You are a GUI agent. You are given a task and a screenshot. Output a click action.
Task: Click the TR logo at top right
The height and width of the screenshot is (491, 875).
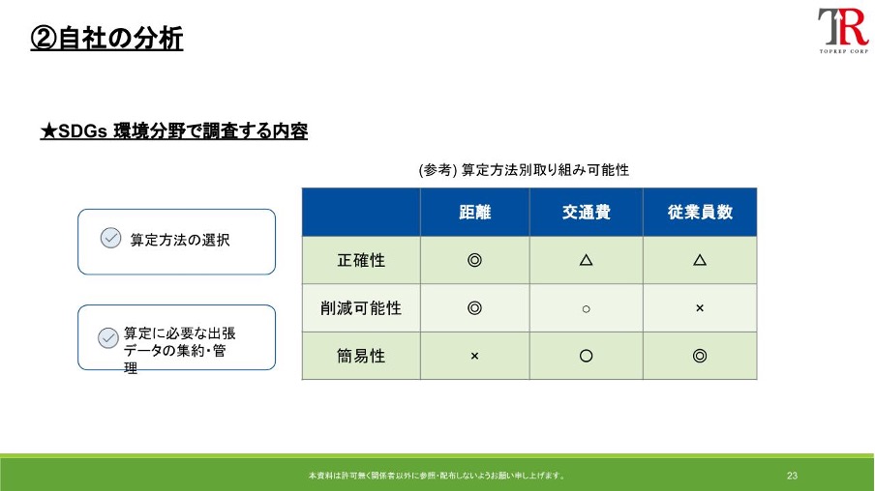tap(843, 30)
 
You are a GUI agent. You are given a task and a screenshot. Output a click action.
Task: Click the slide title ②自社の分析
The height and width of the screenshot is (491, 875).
tap(106, 39)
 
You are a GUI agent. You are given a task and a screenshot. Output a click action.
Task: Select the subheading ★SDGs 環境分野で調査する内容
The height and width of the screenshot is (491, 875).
tap(173, 131)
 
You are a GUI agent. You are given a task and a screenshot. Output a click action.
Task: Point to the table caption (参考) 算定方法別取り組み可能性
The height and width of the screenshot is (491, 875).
tap(524, 170)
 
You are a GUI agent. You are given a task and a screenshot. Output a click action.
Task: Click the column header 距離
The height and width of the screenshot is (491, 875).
tap(475, 213)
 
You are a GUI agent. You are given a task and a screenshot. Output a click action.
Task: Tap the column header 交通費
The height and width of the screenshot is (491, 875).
tap(586, 213)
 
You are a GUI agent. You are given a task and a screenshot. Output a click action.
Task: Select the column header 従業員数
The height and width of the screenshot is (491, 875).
tap(700, 213)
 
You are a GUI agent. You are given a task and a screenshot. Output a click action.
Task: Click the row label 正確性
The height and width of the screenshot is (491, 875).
tap(361, 260)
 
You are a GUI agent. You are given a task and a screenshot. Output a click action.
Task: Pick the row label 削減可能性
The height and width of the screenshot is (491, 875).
tap(361, 308)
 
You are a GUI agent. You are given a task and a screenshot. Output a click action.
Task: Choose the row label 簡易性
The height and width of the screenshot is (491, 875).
tap(361, 356)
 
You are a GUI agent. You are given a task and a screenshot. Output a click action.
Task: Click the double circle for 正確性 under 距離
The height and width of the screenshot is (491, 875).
tap(475, 260)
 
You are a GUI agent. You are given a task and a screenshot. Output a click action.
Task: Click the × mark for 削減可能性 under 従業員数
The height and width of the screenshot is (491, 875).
tap(700, 308)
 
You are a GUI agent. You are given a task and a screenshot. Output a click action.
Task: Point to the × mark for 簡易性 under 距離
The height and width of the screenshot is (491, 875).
tap(475, 356)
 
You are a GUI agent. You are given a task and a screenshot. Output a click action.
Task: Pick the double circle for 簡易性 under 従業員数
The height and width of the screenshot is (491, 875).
tap(700, 356)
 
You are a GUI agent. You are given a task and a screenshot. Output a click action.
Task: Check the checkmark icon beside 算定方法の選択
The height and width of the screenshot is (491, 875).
tap(110, 238)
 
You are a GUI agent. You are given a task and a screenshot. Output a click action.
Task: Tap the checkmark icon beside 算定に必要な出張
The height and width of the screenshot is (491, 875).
tap(107, 337)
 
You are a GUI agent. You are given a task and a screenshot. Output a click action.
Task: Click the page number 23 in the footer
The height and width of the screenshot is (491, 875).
tap(793, 476)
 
